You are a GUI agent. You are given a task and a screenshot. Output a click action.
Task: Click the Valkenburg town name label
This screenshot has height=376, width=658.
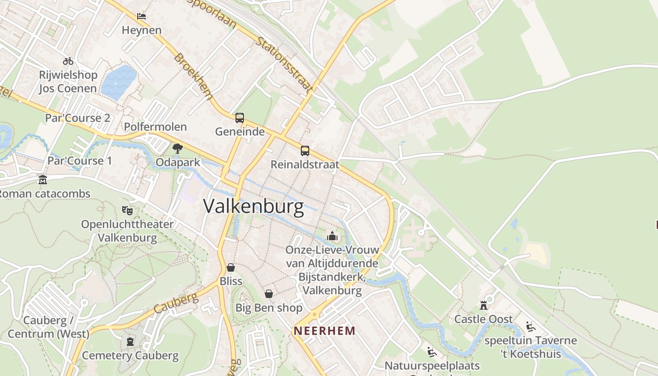point(254,207)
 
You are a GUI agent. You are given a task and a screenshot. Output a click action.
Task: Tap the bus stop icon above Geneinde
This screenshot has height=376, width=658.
point(240,118)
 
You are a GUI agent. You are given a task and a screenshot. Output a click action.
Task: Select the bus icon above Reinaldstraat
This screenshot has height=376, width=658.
point(305,151)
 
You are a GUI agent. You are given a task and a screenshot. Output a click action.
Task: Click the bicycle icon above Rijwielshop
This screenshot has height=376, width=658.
point(68,61)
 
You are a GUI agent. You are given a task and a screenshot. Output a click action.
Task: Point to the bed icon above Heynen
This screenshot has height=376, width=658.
point(141,16)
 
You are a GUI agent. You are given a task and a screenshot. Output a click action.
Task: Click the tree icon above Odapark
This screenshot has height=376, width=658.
point(178,149)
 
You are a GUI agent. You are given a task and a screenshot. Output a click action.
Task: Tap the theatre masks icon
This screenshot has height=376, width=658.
point(127,210)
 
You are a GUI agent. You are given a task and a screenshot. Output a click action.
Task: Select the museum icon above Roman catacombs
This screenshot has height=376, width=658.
point(43,180)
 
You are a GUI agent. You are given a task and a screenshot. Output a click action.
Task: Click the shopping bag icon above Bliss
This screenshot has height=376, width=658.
point(231,267)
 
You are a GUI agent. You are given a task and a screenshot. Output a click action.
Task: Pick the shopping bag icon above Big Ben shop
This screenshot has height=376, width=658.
point(269,294)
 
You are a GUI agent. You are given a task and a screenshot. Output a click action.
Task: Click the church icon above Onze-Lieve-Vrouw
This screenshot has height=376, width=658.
point(332,236)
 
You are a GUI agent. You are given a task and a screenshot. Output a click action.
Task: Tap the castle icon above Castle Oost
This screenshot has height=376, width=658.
point(483,305)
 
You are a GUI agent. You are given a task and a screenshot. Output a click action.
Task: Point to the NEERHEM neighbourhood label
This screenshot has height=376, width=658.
point(325,331)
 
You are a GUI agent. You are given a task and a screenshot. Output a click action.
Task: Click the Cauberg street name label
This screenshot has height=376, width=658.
point(176,304)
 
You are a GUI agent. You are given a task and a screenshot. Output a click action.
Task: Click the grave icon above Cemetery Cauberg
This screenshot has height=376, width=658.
point(130,341)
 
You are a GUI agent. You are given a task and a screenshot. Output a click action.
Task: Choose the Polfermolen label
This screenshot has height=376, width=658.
point(155,127)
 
